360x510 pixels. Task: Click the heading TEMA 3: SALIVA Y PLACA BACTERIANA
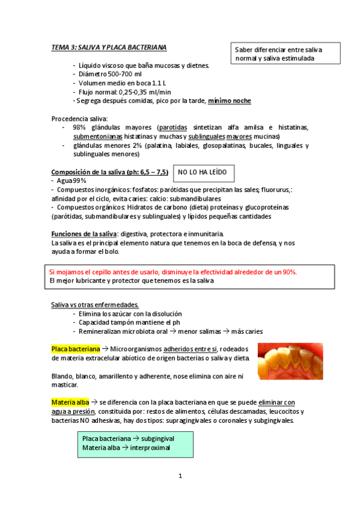[x=109, y=47]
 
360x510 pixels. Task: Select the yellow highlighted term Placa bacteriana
[x=75, y=349]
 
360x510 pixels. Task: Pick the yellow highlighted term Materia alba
[x=71, y=402]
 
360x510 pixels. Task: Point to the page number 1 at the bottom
[x=180, y=476]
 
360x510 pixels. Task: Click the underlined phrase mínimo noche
[x=230, y=100]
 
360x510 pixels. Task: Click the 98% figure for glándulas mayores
[x=79, y=127]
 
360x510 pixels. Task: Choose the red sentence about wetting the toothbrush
[x=173, y=272]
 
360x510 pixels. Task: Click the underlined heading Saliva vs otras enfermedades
[x=95, y=305]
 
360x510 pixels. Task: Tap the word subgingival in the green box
[x=152, y=439]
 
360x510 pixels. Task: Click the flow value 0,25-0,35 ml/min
[x=144, y=92]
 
